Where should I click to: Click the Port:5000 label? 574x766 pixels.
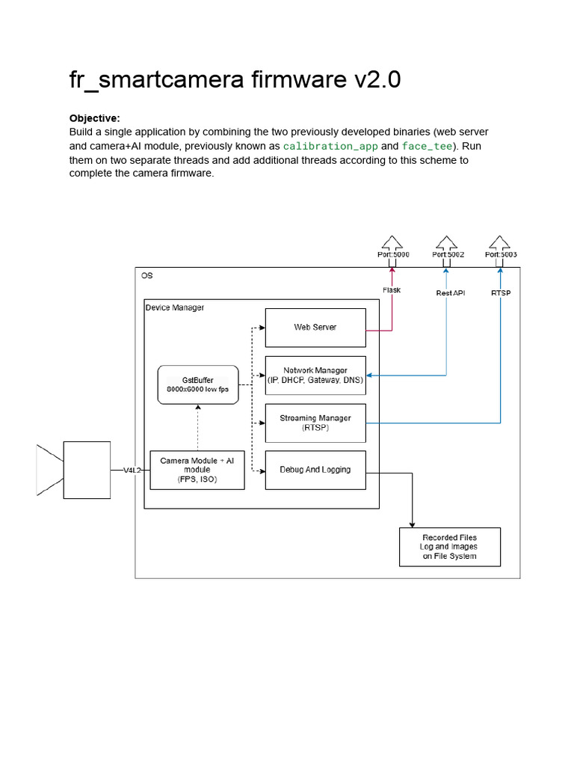pyautogui.click(x=393, y=254)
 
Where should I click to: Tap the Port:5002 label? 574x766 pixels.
pyautogui.click(x=448, y=254)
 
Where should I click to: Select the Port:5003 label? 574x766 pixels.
pyautogui.click(x=501, y=254)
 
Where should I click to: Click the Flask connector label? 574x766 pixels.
pyautogui.click(x=392, y=290)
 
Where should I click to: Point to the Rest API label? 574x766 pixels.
pyautogui.click(x=451, y=293)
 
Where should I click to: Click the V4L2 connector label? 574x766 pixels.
pyautogui.click(x=132, y=471)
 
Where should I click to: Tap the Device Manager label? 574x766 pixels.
pyautogui.click(x=175, y=307)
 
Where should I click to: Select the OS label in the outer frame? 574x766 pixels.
pyautogui.click(x=147, y=275)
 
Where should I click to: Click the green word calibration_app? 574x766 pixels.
pyautogui.click(x=330, y=146)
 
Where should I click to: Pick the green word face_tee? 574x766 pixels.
pyautogui.click(x=427, y=146)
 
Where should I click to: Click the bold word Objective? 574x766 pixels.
pyautogui.click(x=95, y=118)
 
